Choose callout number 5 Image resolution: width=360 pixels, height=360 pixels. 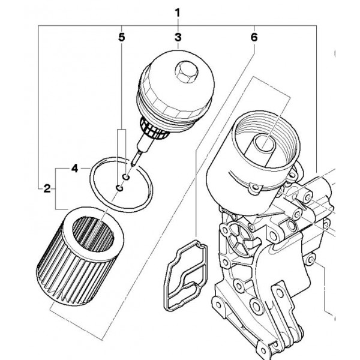coord(122,37)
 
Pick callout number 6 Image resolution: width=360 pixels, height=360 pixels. coord(254,37)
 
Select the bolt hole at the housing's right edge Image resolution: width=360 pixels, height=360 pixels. coord(311,259)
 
